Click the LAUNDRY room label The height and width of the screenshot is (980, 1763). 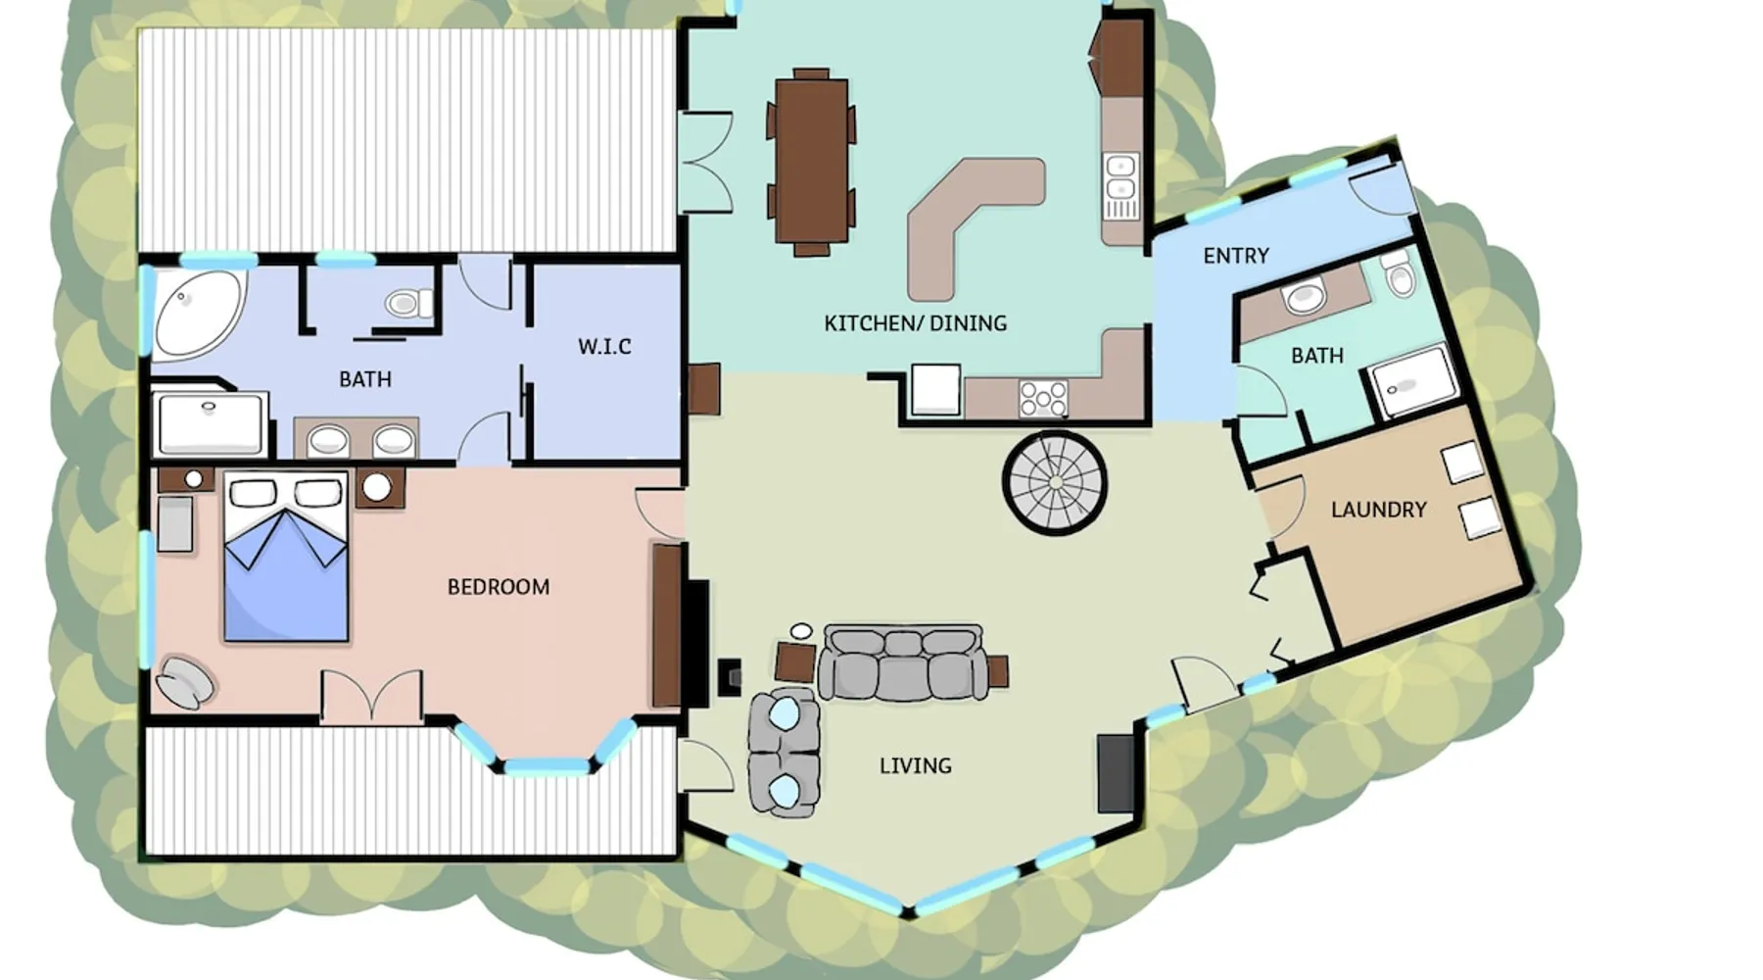tap(1378, 510)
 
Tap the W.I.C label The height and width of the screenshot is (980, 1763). tap(604, 346)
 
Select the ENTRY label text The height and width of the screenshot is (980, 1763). tap(1236, 256)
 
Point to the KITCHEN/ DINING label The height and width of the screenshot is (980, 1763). tap(915, 323)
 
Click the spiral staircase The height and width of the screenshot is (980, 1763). tap(1054, 482)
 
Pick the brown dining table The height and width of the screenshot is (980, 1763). tap(811, 162)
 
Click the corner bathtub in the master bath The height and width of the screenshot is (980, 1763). tap(198, 313)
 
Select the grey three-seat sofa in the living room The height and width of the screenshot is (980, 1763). tap(903, 662)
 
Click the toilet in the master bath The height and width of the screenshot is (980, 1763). tap(409, 303)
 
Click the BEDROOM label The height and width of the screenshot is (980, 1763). tap(499, 587)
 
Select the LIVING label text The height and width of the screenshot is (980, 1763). tap(915, 765)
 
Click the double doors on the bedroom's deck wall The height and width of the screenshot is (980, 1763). tap(372, 698)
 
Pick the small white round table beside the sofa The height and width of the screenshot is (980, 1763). tap(801, 631)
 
